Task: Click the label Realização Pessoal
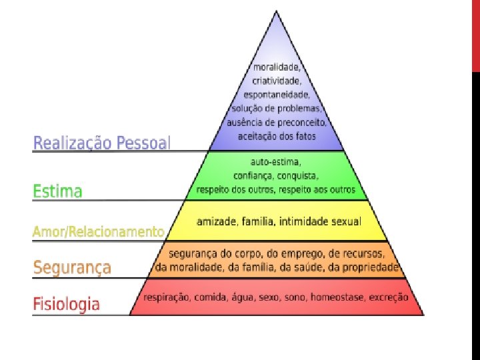(x=102, y=143)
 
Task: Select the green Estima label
(x=58, y=191)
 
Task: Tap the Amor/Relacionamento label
(x=98, y=231)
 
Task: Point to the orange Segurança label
(x=72, y=268)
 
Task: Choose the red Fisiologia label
(x=67, y=305)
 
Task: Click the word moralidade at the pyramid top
(x=277, y=67)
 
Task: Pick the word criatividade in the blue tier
(x=277, y=81)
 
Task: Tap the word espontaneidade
(x=277, y=95)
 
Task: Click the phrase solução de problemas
(x=277, y=109)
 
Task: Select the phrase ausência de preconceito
(x=277, y=123)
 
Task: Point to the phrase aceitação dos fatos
(x=277, y=137)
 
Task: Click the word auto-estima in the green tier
(x=276, y=162)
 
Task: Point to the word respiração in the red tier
(x=167, y=298)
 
